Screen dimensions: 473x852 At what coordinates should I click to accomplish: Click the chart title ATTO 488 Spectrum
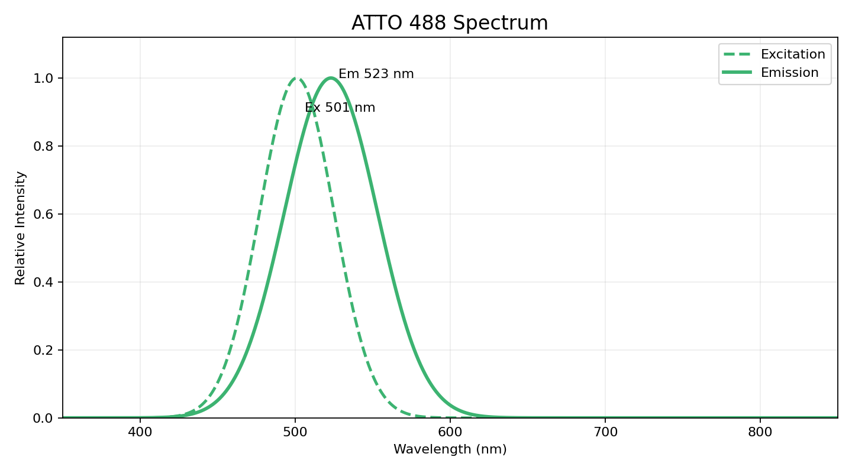(x=450, y=23)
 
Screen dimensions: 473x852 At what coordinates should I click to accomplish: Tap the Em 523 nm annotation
(x=376, y=74)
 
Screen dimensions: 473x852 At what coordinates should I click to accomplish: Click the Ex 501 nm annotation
(x=340, y=108)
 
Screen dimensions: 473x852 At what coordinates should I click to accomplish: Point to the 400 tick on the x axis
(x=140, y=432)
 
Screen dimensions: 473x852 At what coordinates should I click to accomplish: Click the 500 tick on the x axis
(x=295, y=432)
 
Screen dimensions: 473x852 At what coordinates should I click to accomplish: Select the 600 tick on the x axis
(x=450, y=432)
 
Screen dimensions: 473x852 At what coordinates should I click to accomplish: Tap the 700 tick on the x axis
(x=605, y=432)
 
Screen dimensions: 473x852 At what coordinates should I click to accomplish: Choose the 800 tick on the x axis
(x=760, y=432)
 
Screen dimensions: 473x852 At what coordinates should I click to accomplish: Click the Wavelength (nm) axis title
(x=450, y=449)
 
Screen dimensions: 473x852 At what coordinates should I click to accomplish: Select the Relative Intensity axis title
(x=21, y=228)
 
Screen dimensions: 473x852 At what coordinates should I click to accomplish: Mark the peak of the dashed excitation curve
(x=297, y=78)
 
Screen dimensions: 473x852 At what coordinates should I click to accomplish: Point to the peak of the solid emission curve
(x=331, y=78)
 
